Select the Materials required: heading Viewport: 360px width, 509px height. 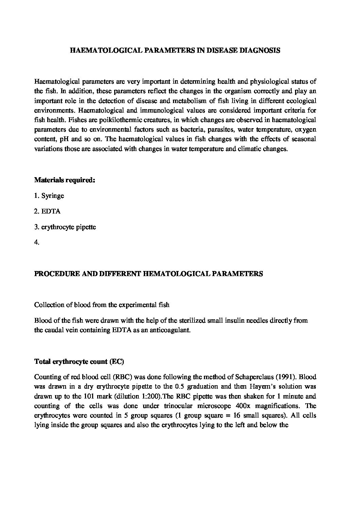pyautogui.click(x=64, y=180)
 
